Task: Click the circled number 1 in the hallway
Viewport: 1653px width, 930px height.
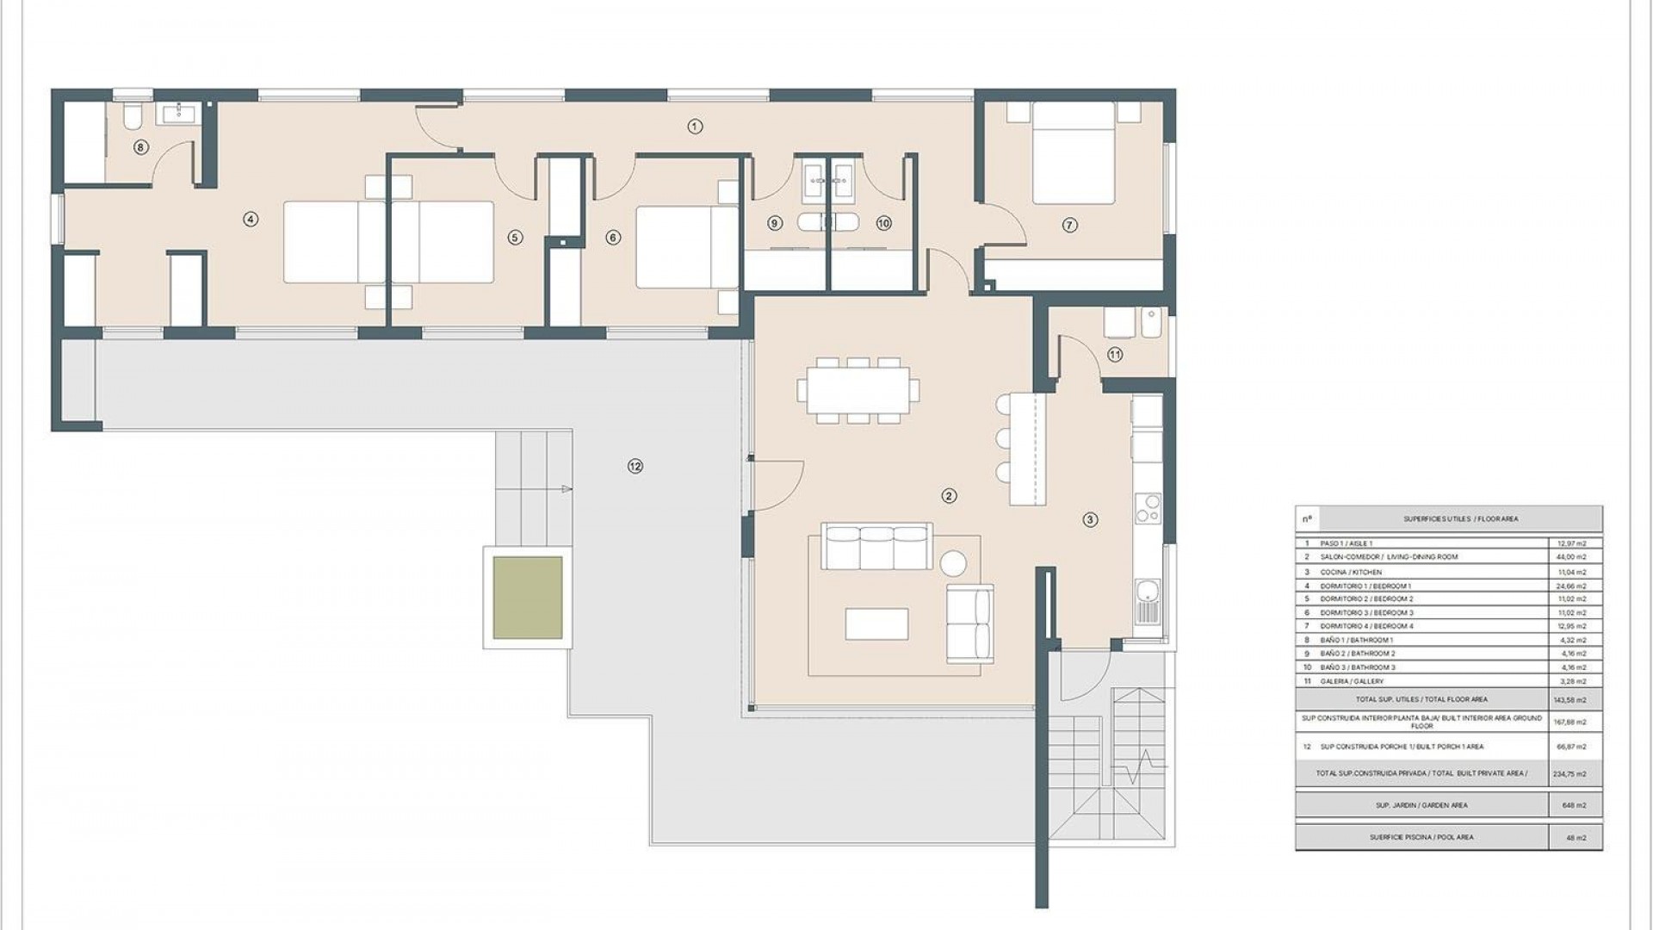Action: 695,127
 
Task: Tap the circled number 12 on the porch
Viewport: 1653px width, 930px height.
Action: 635,466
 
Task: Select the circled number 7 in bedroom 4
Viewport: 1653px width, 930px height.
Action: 1069,225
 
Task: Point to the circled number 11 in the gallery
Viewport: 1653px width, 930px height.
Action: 1115,354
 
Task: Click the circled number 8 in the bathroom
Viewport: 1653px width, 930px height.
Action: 141,147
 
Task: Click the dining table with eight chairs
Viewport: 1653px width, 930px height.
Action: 857,390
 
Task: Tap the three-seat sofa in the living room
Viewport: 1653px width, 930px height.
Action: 876,546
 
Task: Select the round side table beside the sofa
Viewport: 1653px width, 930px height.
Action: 953,564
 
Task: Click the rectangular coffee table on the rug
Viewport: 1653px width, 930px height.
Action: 876,623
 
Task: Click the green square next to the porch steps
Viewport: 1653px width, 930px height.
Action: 527,598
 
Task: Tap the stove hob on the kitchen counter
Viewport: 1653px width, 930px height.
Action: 1148,508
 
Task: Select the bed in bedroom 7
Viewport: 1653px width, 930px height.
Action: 1073,155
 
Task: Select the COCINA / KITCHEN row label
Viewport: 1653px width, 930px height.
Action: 1350,572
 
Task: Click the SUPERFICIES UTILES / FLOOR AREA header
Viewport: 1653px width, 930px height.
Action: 1460,519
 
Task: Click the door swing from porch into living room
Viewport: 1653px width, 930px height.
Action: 777,482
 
